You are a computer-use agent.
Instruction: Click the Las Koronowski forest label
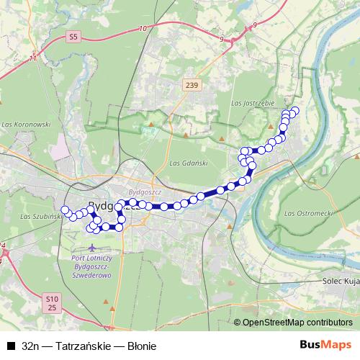(x=26, y=124)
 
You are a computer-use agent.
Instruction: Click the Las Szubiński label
(x=40, y=216)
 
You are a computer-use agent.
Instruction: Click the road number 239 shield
(x=191, y=85)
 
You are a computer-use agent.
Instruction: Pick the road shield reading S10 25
(x=50, y=303)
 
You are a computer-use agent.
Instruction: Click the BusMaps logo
(x=325, y=346)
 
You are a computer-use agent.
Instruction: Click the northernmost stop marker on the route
(x=294, y=111)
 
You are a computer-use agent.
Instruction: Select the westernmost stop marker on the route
(x=65, y=210)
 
